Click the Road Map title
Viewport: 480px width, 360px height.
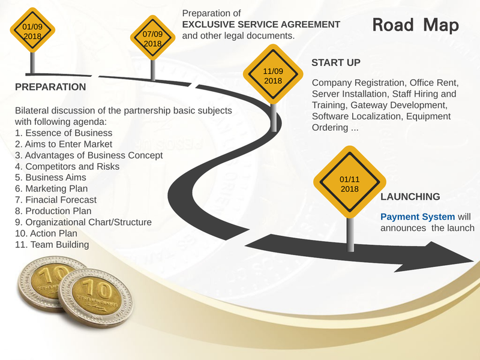click(415, 25)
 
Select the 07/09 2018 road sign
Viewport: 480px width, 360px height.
click(152, 38)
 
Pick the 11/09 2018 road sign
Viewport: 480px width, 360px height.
click(273, 76)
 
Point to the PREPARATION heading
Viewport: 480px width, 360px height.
click(50, 87)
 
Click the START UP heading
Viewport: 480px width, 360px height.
click(335, 63)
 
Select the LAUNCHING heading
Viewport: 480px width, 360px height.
click(410, 197)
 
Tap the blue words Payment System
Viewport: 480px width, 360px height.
click(418, 216)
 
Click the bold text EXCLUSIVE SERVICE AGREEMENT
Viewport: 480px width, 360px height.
click(261, 25)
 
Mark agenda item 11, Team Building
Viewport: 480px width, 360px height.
click(52, 245)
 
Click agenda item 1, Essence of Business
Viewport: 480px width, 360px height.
click(63, 133)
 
